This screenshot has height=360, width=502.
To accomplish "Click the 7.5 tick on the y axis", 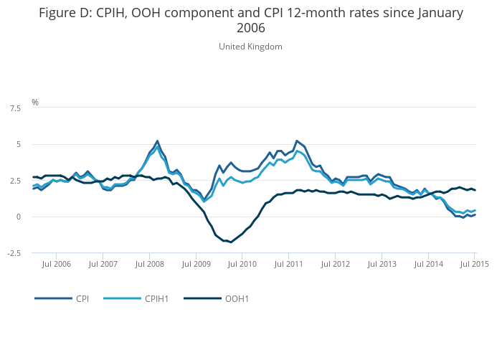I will pyautogui.click(x=15, y=108).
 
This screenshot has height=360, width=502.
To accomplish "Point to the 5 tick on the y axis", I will pyautogui.click(x=19, y=145).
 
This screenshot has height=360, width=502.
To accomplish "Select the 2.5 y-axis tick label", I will pyautogui.click(x=15, y=181).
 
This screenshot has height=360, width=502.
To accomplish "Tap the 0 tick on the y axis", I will pyautogui.click(x=19, y=217).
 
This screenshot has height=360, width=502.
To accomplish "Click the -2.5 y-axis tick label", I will pyautogui.click(x=14, y=253).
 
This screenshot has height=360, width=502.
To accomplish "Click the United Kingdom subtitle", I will pyautogui.click(x=250, y=47).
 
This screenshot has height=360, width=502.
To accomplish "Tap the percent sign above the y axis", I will pyautogui.click(x=35, y=103).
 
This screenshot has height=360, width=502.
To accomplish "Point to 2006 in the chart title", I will pyautogui.click(x=250, y=29).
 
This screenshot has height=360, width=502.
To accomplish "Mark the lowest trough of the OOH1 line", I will pyautogui.click(x=231, y=242).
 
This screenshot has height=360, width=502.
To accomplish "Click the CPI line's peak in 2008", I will pyautogui.click(x=157, y=141).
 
